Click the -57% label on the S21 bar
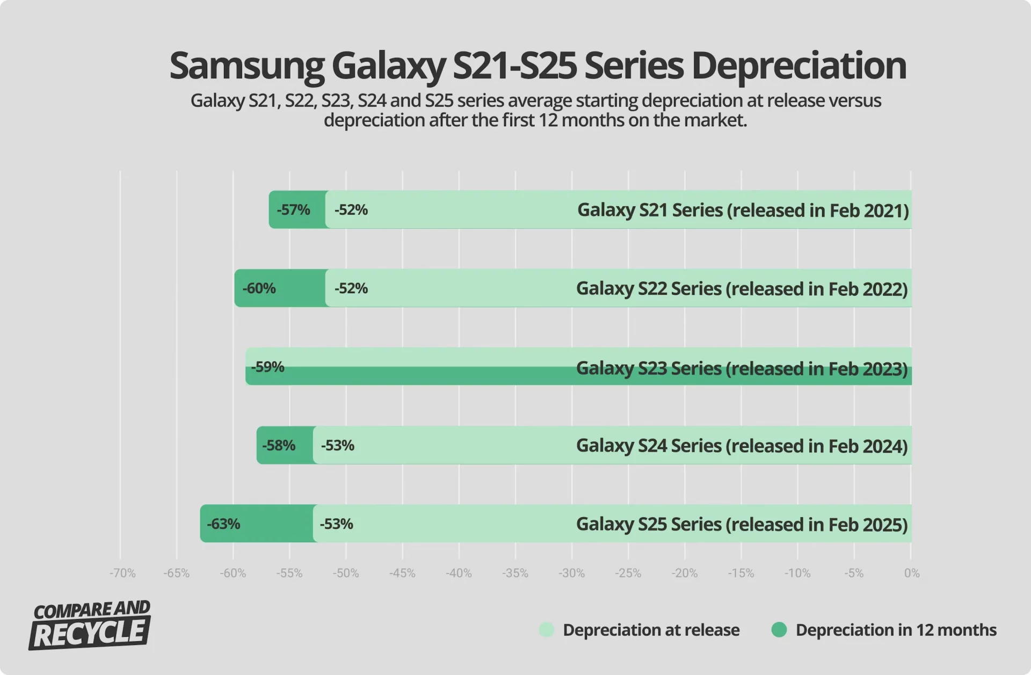click(x=293, y=209)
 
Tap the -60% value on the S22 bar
click(x=259, y=288)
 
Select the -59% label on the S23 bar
click(x=267, y=367)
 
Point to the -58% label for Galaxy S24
click(x=279, y=445)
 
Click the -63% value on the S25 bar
click(x=223, y=524)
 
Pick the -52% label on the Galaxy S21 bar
click(x=351, y=209)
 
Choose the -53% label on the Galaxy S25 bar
click(x=337, y=524)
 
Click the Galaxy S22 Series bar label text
click(x=742, y=288)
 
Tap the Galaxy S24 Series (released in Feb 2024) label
click(x=742, y=446)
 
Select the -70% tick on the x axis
click(x=122, y=573)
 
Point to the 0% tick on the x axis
click(x=911, y=573)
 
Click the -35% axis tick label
click(x=515, y=573)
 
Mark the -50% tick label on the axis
click(x=345, y=573)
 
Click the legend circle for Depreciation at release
click(x=546, y=629)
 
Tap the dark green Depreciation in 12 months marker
click(x=779, y=629)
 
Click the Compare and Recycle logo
click(x=90, y=625)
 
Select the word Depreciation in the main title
click(x=798, y=66)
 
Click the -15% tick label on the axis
click(x=741, y=573)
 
